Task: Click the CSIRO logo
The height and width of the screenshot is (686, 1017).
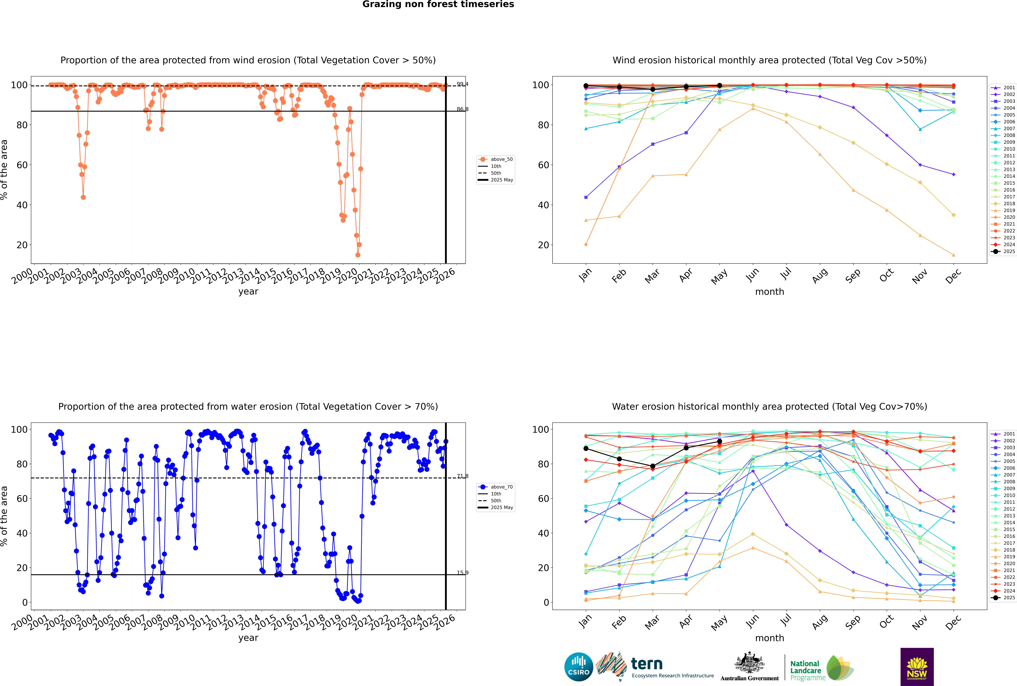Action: tap(578, 667)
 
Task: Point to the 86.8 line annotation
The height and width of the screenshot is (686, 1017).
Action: tap(462, 109)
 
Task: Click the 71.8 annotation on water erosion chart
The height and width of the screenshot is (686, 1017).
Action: tap(462, 476)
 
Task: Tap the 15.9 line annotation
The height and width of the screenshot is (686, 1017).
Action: tap(462, 573)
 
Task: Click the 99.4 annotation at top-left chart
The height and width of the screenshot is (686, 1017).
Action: tap(462, 84)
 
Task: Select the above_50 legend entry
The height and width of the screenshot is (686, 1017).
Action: tap(501, 159)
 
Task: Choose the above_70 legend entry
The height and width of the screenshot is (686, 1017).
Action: tap(501, 487)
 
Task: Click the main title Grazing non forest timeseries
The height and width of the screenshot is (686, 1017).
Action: tap(438, 4)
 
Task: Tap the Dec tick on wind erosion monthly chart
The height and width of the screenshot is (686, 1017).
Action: tap(953, 276)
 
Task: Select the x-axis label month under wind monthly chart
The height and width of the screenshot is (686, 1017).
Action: tap(770, 292)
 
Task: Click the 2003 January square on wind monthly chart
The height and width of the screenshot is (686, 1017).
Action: tap(586, 197)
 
